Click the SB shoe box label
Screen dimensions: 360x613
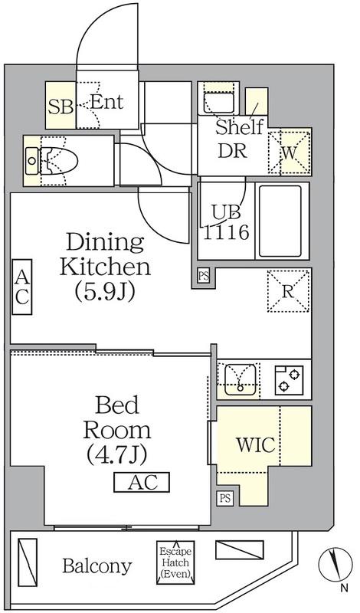[x=61, y=107]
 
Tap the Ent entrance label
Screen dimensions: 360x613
[x=106, y=102]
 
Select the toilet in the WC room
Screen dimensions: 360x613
[x=58, y=161]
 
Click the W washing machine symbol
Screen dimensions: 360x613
[x=290, y=152]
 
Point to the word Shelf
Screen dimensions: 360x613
[x=239, y=127]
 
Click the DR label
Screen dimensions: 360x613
[x=232, y=150]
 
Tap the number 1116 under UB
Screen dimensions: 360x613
[x=226, y=233]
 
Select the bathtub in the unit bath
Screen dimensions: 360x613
[x=280, y=221]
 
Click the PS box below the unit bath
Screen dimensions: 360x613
[x=203, y=276]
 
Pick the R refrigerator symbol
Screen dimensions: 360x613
[x=289, y=290]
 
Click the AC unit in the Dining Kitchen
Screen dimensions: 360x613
[x=21, y=287]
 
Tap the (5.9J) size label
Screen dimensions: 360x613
[x=106, y=291]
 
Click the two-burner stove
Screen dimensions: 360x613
[x=290, y=380]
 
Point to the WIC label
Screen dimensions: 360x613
[x=256, y=444]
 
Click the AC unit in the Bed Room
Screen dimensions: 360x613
[x=142, y=482]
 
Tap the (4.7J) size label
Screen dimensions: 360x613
[x=116, y=454]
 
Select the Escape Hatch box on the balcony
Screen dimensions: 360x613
[x=175, y=562]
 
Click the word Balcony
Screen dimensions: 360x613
[x=97, y=566]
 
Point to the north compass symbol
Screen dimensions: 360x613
[x=335, y=565]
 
